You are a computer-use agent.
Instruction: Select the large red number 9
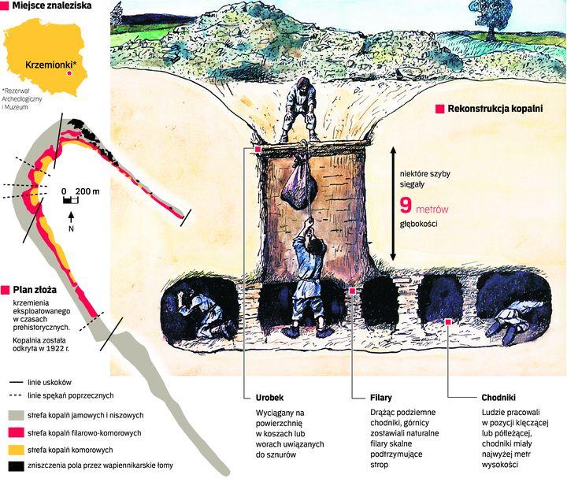coord(406,206)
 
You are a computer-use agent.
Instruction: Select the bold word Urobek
coord(271,397)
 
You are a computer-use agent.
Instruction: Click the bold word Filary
coord(380,397)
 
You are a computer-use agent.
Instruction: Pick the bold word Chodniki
coord(498,397)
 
